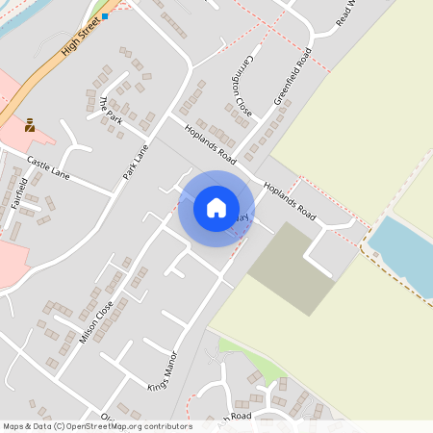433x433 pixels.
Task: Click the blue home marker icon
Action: tap(216, 208)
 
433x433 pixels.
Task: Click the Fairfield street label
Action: tap(16, 193)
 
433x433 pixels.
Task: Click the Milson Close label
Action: tap(96, 321)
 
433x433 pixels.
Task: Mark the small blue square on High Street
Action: tap(105, 16)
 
